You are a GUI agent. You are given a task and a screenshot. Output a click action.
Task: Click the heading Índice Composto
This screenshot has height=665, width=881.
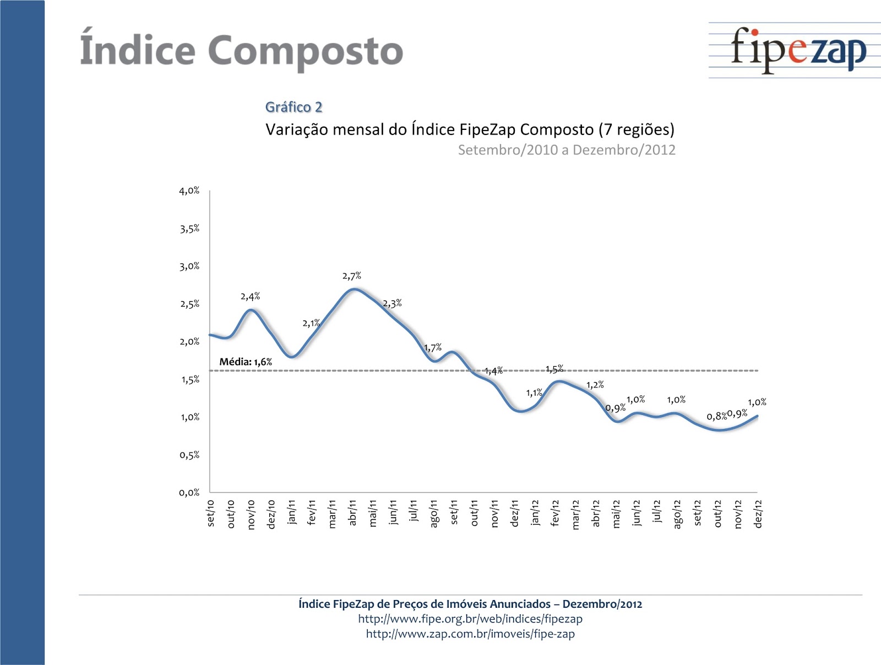(241, 51)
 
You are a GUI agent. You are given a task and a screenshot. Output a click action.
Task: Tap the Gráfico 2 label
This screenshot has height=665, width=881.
(293, 107)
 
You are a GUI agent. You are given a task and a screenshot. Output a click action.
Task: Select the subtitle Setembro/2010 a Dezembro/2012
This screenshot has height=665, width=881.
(566, 150)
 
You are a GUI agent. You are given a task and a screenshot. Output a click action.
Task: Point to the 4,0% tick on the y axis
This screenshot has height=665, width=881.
(189, 191)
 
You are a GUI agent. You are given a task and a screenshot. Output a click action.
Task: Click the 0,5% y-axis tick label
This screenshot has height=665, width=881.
(189, 455)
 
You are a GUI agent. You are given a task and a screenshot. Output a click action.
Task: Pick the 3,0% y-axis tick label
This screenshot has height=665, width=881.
(189, 266)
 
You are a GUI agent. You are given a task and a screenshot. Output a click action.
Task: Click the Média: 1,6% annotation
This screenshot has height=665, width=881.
(246, 362)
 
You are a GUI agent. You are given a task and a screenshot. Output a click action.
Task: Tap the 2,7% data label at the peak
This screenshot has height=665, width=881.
(352, 276)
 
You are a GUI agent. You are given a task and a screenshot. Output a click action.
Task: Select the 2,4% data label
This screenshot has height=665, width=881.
(250, 297)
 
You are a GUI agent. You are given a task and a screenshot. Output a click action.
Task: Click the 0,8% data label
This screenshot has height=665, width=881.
(716, 416)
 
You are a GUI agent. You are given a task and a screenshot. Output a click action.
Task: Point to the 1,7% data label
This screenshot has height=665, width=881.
(433, 348)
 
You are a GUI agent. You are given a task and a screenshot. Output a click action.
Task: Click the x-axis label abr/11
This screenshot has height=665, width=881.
(352, 513)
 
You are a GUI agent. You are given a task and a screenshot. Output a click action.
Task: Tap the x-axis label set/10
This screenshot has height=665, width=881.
(210, 513)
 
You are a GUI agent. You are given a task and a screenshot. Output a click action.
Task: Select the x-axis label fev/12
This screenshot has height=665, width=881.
(555, 513)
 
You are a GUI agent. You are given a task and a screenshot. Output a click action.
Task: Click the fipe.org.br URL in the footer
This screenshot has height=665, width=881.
(470, 619)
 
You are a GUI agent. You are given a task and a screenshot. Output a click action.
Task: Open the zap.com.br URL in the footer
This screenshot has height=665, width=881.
(470, 634)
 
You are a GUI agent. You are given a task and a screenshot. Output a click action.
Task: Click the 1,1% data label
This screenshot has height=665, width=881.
(534, 393)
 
